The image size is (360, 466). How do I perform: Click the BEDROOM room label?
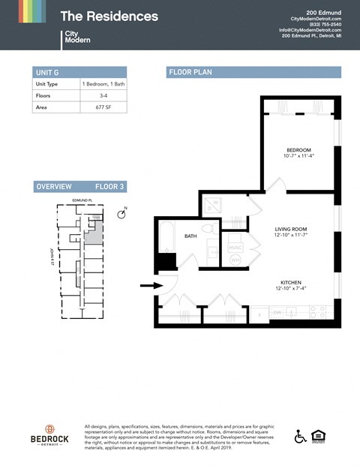[x=298, y=150]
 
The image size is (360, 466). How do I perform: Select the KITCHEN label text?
[x=290, y=282]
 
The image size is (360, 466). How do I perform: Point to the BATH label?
[x=190, y=236]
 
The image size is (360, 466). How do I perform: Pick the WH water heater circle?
[x=235, y=259]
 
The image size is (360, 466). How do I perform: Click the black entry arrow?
[x=151, y=285]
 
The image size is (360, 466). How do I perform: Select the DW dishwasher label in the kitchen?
[x=277, y=312]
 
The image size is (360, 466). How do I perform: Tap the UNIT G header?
[x=47, y=73]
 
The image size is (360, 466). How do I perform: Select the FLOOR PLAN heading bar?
[x=253, y=72]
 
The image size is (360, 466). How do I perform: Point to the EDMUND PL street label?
[x=80, y=201]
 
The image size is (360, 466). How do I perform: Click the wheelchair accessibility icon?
[x=299, y=436]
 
